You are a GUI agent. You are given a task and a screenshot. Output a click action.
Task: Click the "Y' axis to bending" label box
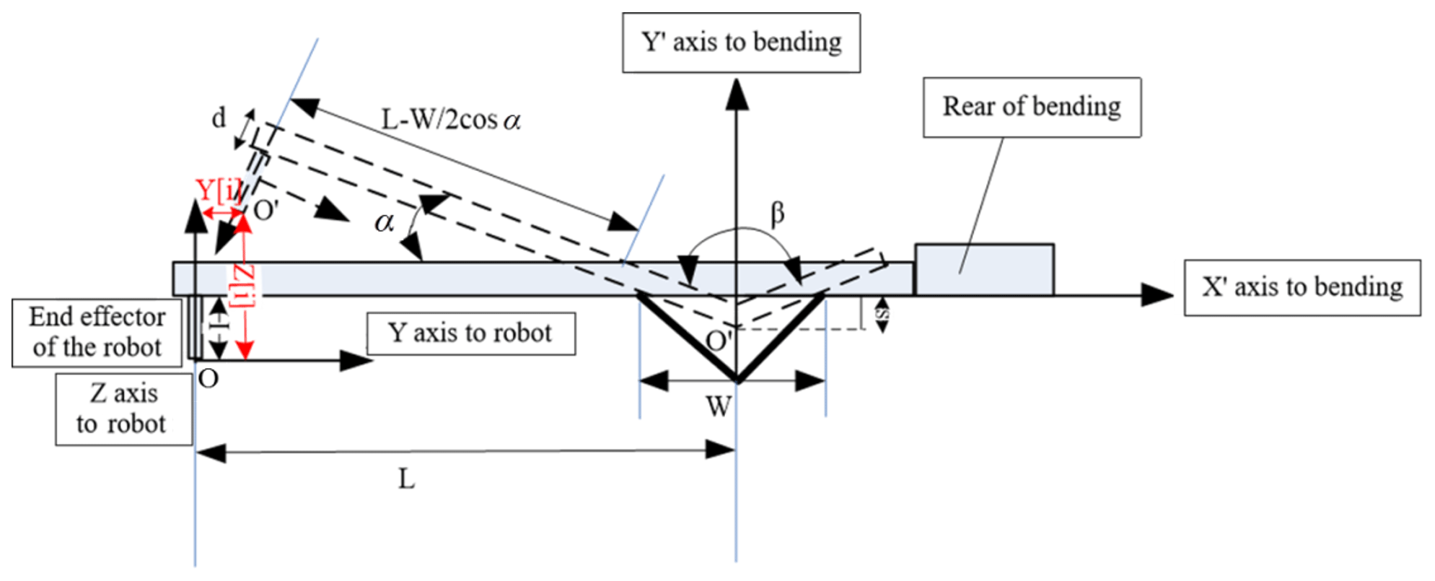click(741, 43)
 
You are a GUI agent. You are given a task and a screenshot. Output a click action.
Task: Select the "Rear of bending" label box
click(1032, 107)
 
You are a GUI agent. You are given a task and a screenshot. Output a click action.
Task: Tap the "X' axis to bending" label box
click(1302, 287)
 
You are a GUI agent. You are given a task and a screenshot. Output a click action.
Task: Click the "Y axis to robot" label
click(470, 333)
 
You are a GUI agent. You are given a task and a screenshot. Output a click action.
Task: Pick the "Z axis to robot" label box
click(123, 409)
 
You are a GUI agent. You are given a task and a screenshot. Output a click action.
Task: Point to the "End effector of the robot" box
click(97, 332)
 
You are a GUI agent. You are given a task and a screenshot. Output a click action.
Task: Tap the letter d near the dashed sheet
click(219, 118)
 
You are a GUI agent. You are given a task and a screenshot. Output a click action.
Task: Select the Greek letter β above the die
click(777, 214)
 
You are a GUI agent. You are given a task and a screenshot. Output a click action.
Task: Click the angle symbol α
click(384, 222)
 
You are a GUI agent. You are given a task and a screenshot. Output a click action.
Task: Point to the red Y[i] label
click(217, 191)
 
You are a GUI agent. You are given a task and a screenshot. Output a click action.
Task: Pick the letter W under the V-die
click(719, 407)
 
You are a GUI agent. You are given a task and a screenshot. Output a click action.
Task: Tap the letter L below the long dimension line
click(406, 479)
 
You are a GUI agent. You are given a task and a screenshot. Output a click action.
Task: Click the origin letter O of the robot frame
click(208, 379)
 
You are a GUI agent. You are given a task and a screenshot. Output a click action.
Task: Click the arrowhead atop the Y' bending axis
click(737, 94)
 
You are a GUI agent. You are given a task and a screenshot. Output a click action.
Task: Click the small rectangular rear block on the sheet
click(984, 270)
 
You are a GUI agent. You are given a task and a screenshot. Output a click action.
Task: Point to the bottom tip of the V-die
click(737, 380)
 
